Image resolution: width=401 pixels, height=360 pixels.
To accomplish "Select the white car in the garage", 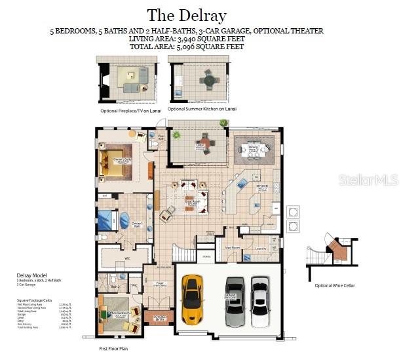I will [260, 300].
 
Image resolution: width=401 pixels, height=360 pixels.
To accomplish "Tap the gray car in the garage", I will [235, 300].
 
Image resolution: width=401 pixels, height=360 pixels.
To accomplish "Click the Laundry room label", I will [261, 248].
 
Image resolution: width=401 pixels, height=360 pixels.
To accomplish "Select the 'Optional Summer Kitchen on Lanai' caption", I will [202, 108].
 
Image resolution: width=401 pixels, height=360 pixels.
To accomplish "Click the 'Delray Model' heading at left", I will [31, 275].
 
